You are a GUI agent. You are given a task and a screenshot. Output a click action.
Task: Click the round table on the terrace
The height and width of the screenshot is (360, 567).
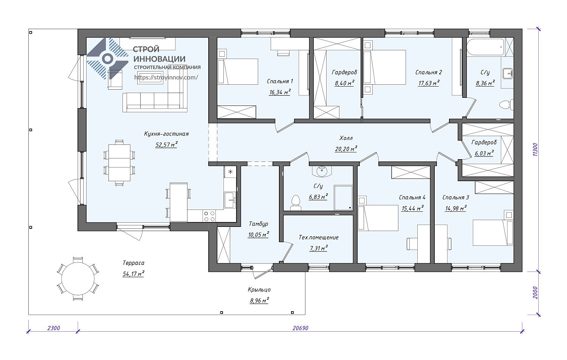click(x=78, y=279)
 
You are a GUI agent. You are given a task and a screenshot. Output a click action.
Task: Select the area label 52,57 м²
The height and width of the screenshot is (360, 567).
click(x=166, y=144)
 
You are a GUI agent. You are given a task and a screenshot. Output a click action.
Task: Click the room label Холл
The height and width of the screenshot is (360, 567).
click(x=346, y=138)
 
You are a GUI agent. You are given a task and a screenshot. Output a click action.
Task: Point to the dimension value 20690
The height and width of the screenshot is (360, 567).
click(x=301, y=328)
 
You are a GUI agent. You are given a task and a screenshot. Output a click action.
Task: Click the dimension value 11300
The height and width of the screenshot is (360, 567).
click(x=535, y=150)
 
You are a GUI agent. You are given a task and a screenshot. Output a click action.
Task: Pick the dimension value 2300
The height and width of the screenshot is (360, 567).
click(x=54, y=328)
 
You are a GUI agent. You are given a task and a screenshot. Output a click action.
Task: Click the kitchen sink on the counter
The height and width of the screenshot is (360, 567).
click(x=230, y=200)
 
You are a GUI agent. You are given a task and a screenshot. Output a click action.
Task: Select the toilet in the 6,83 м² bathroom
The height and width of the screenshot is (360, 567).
click(x=296, y=203)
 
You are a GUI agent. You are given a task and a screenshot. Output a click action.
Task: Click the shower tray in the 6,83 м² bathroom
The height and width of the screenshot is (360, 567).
click(x=343, y=198)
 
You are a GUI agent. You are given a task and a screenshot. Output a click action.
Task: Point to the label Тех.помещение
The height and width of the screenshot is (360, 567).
click(x=318, y=237)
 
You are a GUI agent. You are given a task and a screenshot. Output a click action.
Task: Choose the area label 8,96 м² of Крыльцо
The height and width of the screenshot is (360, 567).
click(x=259, y=301)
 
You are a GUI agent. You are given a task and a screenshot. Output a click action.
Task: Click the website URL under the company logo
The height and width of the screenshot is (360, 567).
click(x=166, y=77)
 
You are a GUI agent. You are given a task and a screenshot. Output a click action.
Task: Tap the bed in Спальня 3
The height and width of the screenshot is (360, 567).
click(x=493, y=233)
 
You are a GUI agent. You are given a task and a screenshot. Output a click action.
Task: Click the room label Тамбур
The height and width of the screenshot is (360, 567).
click(x=259, y=224)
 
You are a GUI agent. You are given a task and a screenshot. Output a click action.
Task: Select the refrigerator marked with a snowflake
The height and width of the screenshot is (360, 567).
click(x=230, y=172)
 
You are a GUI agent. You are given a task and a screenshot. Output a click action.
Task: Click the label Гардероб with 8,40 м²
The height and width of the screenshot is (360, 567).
click(x=344, y=72)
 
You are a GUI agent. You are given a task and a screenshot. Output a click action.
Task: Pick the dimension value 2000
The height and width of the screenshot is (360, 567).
click(x=535, y=293)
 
